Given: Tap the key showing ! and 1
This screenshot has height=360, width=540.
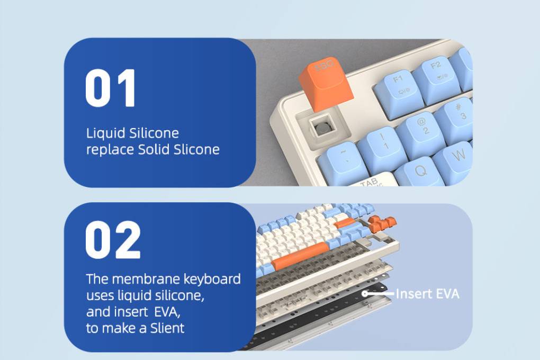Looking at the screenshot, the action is (382, 147).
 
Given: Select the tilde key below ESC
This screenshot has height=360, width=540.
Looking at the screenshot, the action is (343, 162).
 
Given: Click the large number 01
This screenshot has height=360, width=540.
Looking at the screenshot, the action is (110, 88).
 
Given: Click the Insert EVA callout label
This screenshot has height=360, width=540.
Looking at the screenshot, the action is (428, 294).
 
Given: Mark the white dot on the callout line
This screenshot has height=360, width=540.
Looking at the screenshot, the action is (365, 293).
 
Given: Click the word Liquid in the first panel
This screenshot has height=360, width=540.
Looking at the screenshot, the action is (106, 133).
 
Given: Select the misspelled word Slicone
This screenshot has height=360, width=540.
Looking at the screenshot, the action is (196, 149).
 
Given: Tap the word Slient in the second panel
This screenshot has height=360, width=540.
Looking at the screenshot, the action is (167, 328).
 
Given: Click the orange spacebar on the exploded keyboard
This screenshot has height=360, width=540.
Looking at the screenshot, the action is (300, 256).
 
